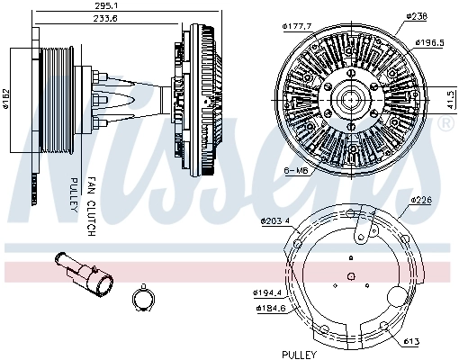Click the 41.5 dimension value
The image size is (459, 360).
click(450, 97)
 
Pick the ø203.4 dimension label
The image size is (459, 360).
click(275, 220)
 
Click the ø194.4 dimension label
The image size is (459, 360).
click(269, 293)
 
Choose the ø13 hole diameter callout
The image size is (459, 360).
click(413, 342)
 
